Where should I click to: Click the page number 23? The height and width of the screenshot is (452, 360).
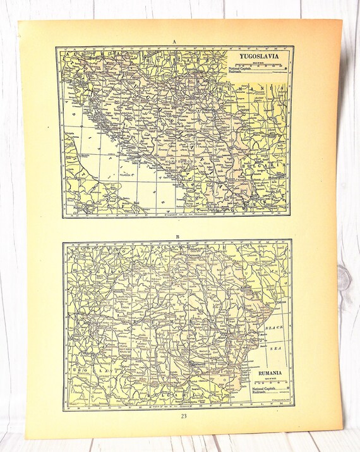click(183, 416)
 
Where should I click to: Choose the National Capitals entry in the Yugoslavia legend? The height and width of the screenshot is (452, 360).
click(243, 68)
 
